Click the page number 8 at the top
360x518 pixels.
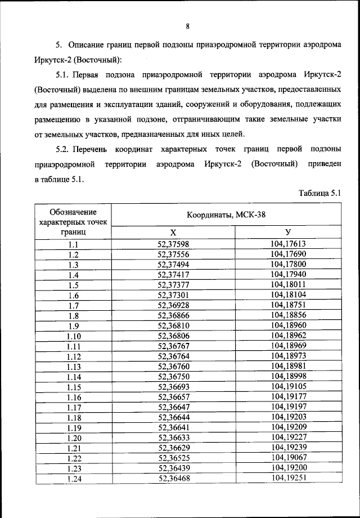tap(187, 25)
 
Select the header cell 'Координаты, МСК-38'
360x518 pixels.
tap(227, 215)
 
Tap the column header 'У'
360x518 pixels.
tap(287, 233)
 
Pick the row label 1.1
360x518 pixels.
tap(73, 244)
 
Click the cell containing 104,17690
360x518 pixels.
tap(287, 254)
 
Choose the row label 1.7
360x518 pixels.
tap(73, 305)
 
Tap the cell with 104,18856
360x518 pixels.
tap(287, 315)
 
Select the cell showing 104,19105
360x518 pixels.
tap(287, 386)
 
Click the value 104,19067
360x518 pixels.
tap(287, 458)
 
